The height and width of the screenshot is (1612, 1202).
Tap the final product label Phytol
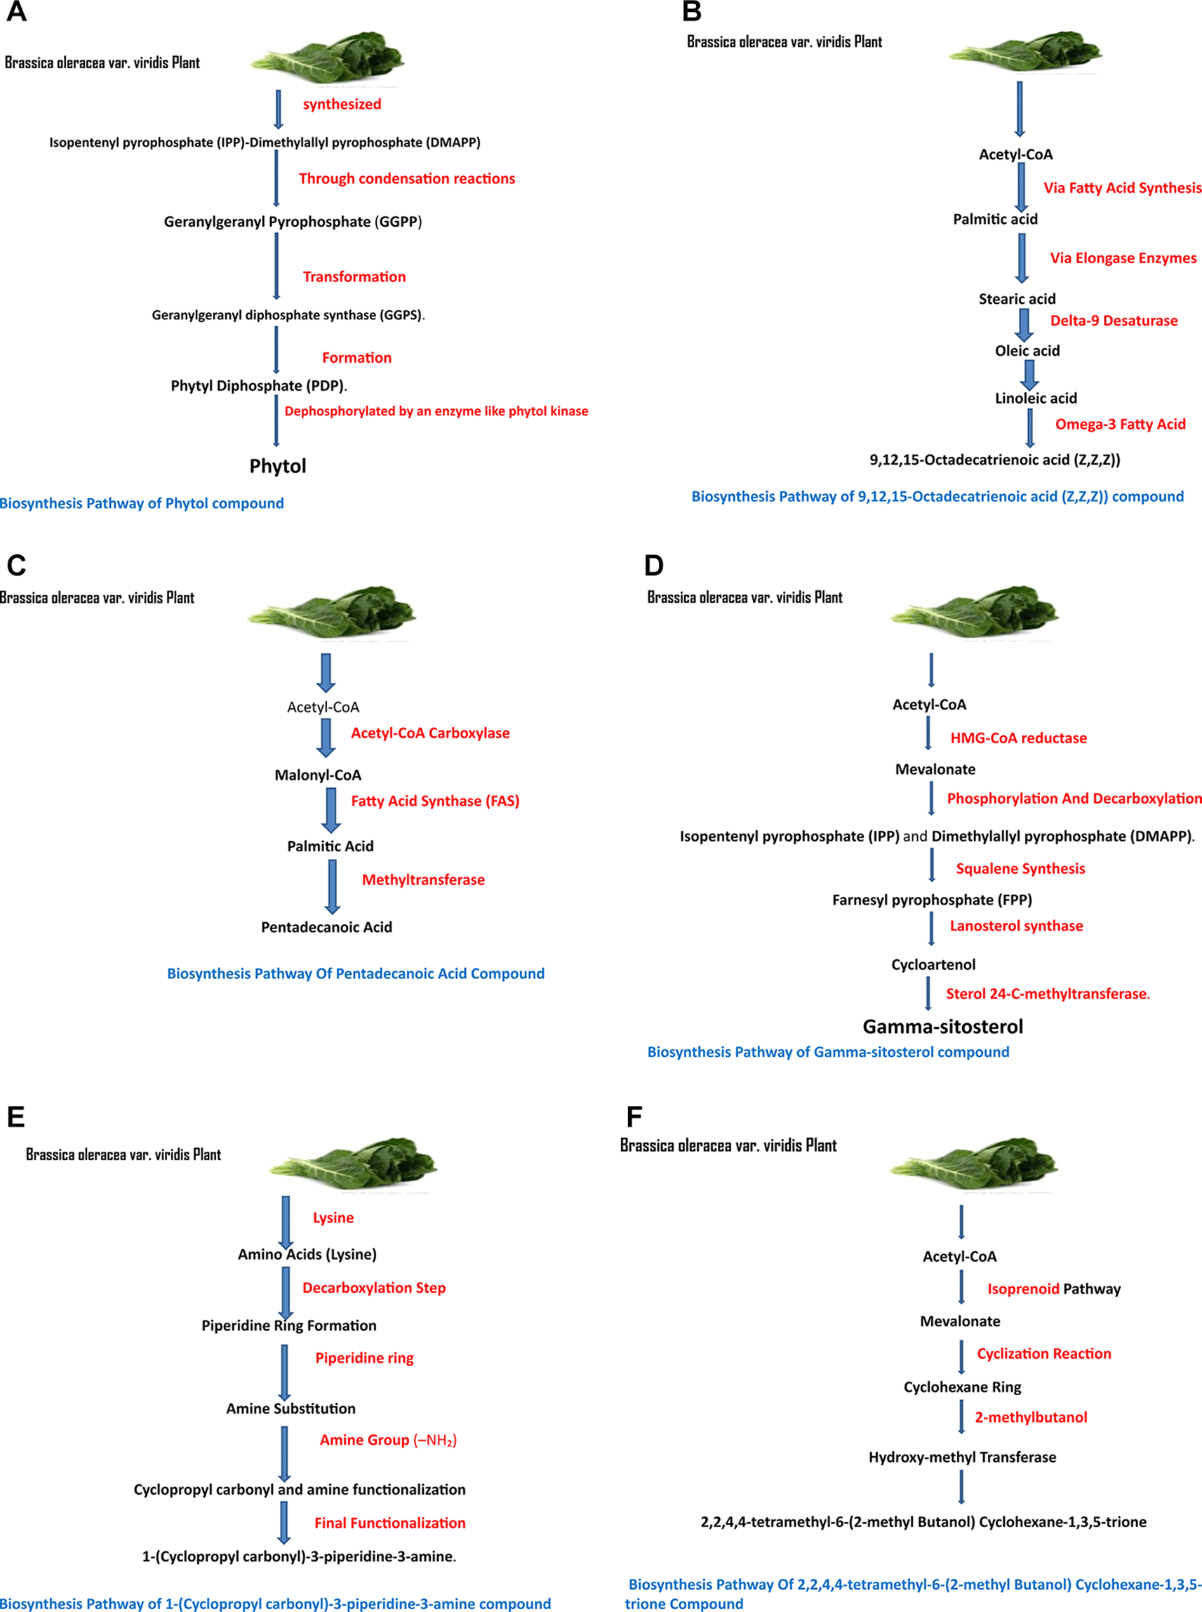pyautogui.click(x=277, y=466)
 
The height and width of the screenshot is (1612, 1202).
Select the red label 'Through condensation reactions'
pyautogui.click(x=407, y=178)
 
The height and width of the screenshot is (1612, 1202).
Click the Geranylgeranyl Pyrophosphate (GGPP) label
pyautogui.click(x=293, y=221)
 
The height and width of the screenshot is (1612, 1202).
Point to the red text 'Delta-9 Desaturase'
pyautogui.click(x=1113, y=320)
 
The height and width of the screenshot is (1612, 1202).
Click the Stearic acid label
pyautogui.click(x=1017, y=298)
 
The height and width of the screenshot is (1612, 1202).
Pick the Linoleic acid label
pyautogui.click(x=1036, y=398)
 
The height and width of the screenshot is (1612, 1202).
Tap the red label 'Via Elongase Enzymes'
pyautogui.click(x=1123, y=258)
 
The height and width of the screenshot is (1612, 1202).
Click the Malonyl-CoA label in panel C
pyautogui.click(x=317, y=775)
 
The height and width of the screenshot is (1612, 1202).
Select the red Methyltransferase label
pyautogui.click(x=422, y=879)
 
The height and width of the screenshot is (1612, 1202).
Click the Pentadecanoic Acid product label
pyautogui.click(x=326, y=927)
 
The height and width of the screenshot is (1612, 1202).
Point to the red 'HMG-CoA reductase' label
pyautogui.click(x=1018, y=738)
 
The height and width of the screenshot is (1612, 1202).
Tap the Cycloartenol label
pyautogui.click(x=933, y=964)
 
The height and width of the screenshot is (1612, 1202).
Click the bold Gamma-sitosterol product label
pyautogui.click(x=942, y=1026)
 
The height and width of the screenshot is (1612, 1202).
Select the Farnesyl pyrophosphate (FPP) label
pyautogui.click(x=931, y=900)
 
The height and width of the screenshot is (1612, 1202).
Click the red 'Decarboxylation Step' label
pyautogui.click(x=373, y=1287)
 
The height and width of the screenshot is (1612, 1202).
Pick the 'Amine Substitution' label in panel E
pyautogui.click(x=291, y=1408)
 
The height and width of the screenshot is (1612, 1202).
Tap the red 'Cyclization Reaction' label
pyautogui.click(x=1043, y=1354)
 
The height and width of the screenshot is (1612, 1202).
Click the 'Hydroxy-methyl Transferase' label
pyautogui.click(x=962, y=1457)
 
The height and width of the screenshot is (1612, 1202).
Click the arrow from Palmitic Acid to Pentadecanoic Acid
pyautogui.click(x=332, y=886)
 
